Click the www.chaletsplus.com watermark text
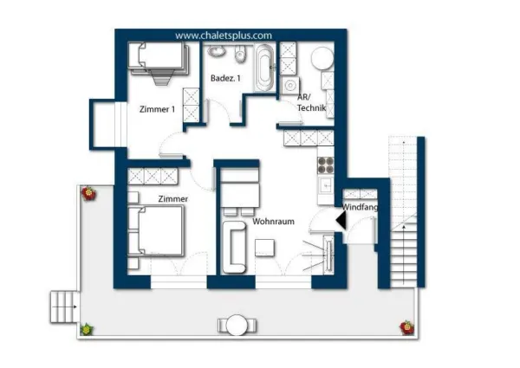[x=224, y=36]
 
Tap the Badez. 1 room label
[x=225, y=79]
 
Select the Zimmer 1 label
[x=157, y=109]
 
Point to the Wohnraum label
[x=273, y=222]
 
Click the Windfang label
[x=360, y=207]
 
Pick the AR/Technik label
[x=311, y=102]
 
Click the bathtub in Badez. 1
[x=264, y=68]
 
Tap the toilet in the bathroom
[x=240, y=54]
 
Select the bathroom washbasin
[x=217, y=51]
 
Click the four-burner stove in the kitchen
[x=326, y=165]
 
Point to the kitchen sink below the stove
[x=326, y=186]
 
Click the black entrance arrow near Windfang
[x=341, y=220]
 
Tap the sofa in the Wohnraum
[x=235, y=248]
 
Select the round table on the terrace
[x=237, y=325]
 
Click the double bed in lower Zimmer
[x=156, y=231]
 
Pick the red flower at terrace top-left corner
[x=89, y=193]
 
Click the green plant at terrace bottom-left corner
[x=87, y=330]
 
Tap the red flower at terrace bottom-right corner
[x=407, y=327]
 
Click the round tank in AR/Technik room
[x=322, y=58]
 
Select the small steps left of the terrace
[x=65, y=307]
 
